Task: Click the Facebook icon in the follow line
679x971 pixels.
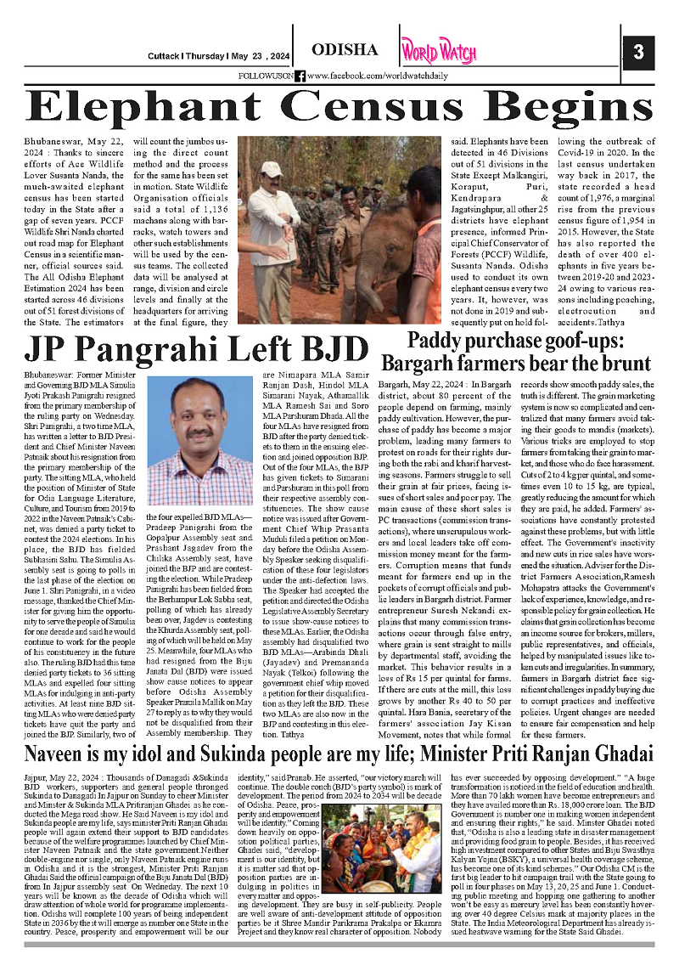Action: (300, 76)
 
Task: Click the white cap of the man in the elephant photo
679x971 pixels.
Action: (272, 168)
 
